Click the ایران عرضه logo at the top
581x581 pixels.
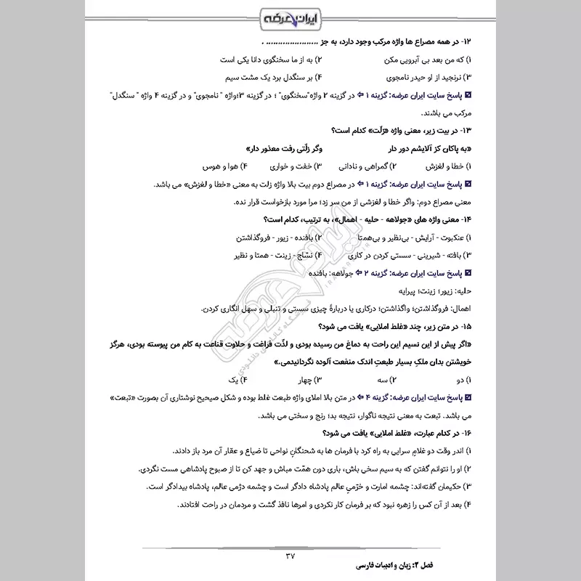coord(290,16)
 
